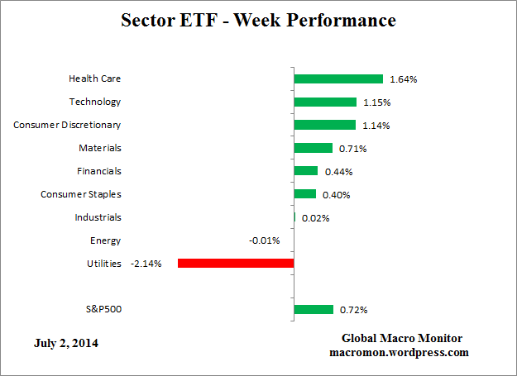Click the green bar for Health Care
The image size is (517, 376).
click(x=338, y=79)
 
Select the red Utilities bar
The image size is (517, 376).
click(x=236, y=264)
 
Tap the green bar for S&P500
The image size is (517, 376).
click(x=314, y=310)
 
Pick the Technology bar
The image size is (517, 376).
click(x=325, y=102)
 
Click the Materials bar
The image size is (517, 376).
click(x=313, y=149)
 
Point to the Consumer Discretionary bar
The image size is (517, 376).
click(x=325, y=126)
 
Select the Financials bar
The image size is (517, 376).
click(x=306, y=171)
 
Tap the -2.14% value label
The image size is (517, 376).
click(x=146, y=264)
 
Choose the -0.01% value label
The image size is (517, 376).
click(x=265, y=241)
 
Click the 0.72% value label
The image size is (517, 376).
click(x=353, y=310)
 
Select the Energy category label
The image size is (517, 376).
click(x=105, y=240)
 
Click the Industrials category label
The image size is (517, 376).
click(x=98, y=217)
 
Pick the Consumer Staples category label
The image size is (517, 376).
click(x=81, y=194)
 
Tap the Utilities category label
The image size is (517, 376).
click(x=103, y=264)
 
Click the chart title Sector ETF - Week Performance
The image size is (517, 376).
click(x=258, y=19)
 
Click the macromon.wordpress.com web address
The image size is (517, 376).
click(x=399, y=352)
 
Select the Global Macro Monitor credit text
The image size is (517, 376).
click(x=402, y=339)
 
